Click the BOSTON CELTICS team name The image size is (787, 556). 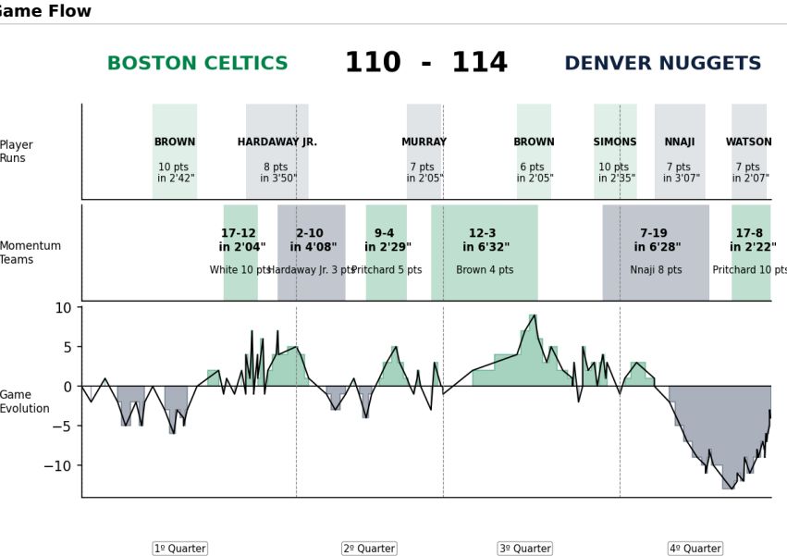point(197,64)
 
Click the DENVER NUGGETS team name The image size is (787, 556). point(662,64)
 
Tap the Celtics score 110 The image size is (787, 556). point(373,63)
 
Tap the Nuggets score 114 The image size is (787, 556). point(479,63)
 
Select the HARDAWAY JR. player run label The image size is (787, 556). point(277,142)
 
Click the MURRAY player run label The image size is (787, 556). point(424,142)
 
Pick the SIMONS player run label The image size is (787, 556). point(615,142)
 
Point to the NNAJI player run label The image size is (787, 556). point(679,142)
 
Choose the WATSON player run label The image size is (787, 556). point(748,142)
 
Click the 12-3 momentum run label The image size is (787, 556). point(482,234)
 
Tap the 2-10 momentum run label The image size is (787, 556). point(310,234)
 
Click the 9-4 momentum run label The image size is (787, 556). point(384,234)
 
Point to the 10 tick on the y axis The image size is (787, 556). point(62,308)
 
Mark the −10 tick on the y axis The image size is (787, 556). point(56,465)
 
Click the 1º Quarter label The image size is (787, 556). point(179,549)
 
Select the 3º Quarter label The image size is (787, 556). point(524,549)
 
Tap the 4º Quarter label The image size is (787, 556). point(695,549)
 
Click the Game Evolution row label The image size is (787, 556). point(24,402)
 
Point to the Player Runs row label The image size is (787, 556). point(17,152)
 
